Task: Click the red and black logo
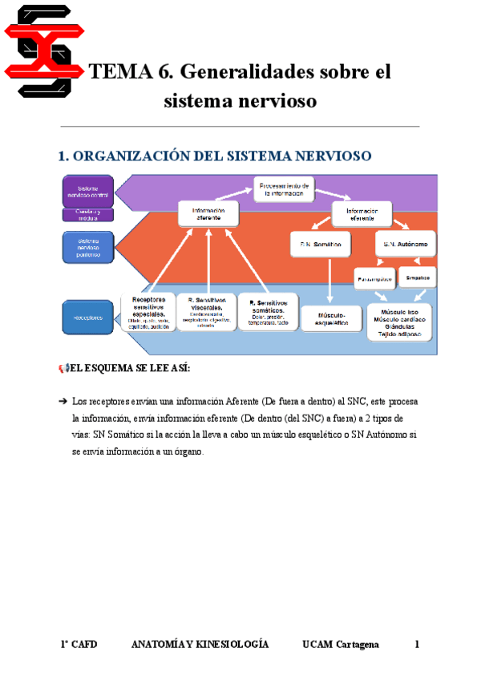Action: coord(45,50)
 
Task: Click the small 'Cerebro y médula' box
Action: coord(88,214)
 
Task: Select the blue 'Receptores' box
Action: coord(88,318)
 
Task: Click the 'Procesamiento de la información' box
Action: coord(285,188)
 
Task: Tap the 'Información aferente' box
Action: coord(208,212)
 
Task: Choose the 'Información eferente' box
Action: coord(362,212)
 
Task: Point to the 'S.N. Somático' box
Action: coord(321,243)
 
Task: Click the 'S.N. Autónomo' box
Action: coord(405,243)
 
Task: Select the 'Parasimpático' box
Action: coord(374,277)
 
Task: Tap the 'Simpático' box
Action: coord(418,277)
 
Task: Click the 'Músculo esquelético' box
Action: coord(330,319)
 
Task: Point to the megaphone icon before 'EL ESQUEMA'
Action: coord(63,368)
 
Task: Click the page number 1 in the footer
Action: coord(417,645)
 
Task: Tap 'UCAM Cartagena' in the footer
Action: coord(341,645)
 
